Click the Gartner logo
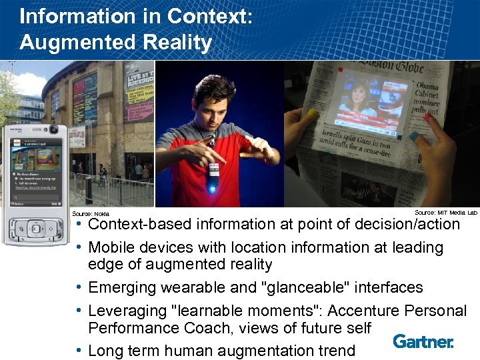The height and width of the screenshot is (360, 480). pyautogui.click(x=423, y=341)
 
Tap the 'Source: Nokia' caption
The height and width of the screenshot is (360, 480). pyautogui.click(x=90, y=213)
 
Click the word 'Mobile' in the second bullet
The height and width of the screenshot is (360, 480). pyautogui.click(x=115, y=247)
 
